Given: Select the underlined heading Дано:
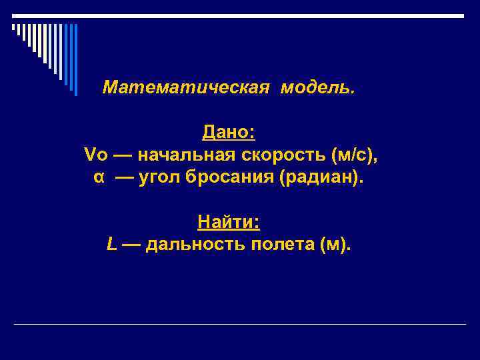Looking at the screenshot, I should (x=229, y=133).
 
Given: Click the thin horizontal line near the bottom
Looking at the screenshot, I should (x=240, y=324).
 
